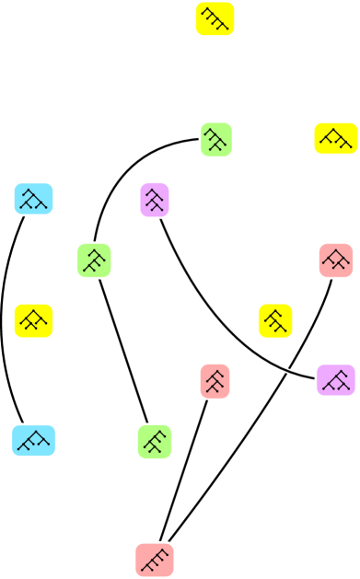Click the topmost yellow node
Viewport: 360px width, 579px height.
[x=215, y=19]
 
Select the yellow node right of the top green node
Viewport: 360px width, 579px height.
[x=335, y=138]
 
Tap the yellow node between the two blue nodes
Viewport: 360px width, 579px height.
[x=34, y=320]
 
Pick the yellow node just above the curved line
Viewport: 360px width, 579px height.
[x=275, y=320]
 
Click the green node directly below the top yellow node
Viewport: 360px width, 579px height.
[x=215, y=139]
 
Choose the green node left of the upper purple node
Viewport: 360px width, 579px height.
[x=94, y=261]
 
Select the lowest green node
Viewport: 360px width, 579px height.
[x=155, y=441]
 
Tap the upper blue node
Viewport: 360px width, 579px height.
[x=34, y=199]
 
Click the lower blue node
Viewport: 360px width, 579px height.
[x=34, y=440]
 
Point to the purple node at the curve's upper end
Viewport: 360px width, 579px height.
[x=155, y=200]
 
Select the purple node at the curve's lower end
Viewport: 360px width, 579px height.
[x=335, y=379]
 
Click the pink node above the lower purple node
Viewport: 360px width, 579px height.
[x=335, y=261]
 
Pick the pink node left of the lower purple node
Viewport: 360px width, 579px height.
[x=215, y=380]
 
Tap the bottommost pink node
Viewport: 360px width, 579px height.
[x=155, y=560]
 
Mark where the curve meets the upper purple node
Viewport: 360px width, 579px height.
[x=161, y=218]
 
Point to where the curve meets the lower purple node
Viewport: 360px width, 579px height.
[x=315, y=376]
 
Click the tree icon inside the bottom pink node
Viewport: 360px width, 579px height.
[x=155, y=560]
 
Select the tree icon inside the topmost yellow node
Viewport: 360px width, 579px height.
[x=215, y=19]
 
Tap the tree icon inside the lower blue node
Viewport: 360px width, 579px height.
[x=34, y=440]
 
